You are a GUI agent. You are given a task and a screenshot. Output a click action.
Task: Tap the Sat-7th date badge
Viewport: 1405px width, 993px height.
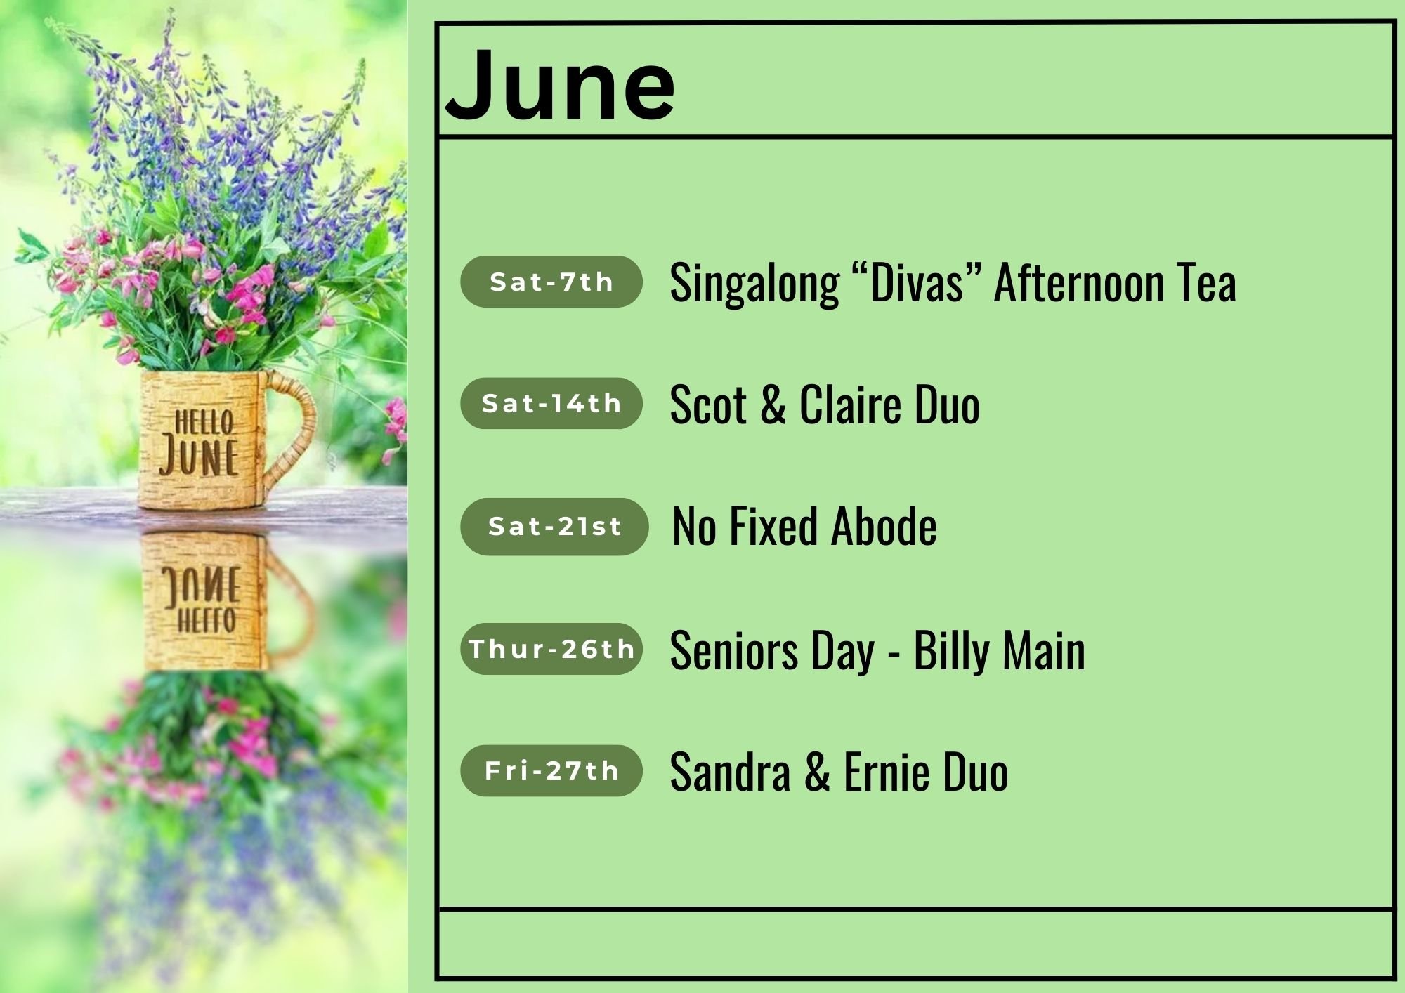click(551, 282)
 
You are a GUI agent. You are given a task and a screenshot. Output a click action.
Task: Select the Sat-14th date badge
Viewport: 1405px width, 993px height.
click(551, 403)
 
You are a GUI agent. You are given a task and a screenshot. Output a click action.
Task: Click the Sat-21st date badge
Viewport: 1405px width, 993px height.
click(554, 526)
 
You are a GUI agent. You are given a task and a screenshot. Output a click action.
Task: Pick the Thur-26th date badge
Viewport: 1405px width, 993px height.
click(551, 648)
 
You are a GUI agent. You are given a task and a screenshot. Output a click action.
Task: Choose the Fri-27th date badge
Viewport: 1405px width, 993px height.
click(551, 770)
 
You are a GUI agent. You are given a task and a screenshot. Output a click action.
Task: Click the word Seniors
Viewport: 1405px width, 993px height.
click(734, 650)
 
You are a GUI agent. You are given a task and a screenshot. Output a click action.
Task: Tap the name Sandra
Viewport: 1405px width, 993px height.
click(730, 772)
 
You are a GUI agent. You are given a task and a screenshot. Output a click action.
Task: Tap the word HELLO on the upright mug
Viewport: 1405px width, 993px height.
click(204, 423)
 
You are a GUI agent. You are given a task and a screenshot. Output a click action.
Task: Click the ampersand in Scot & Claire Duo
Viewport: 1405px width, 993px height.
click(772, 405)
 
